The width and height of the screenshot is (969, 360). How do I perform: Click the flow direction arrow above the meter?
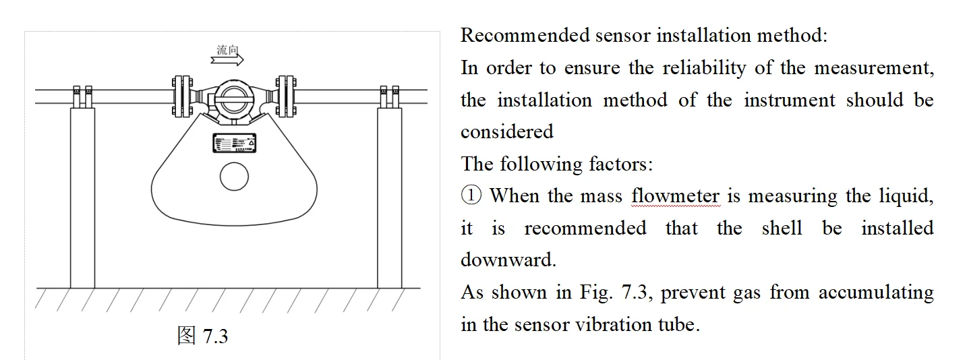coord(227,61)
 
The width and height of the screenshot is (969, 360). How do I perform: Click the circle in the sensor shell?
coord(234,177)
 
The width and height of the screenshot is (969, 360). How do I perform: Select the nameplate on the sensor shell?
coord(234,144)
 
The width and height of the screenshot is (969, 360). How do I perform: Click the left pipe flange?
coord(180,96)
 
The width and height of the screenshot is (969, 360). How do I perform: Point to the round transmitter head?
coord(234,97)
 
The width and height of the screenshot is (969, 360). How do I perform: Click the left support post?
coord(82,196)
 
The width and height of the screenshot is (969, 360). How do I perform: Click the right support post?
coord(389,196)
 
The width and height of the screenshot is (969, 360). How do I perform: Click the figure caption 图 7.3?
coord(202,335)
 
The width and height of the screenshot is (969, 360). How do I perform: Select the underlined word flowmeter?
coord(676,196)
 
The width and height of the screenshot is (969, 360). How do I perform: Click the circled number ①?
coord(471,196)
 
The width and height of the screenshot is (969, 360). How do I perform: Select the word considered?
coord(506,132)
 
